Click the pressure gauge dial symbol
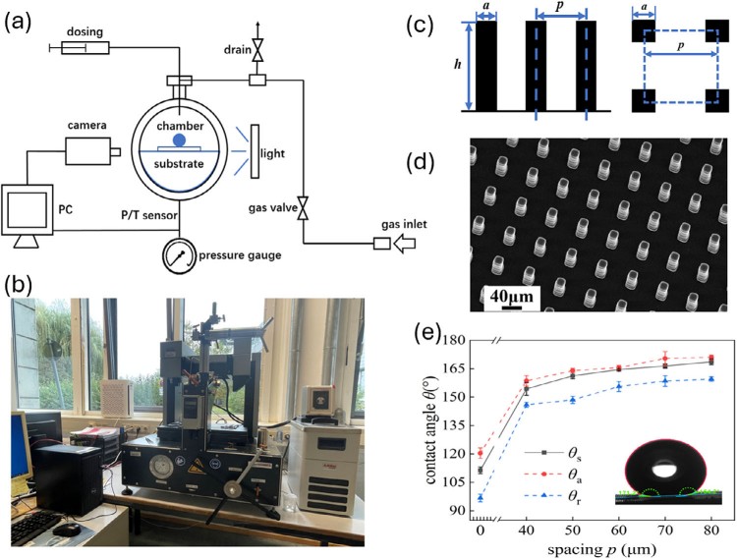(x=179, y=255)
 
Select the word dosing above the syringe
(x=85, y=30)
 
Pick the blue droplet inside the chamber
(x=178, y=140)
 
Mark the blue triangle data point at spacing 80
(x=711, y=379)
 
